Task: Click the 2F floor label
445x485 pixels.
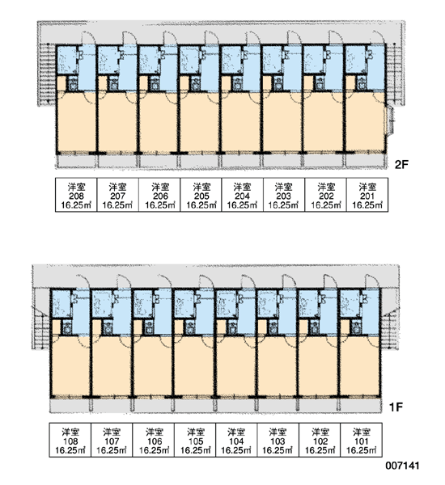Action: tap(401, 165)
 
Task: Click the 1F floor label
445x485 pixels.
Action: tap(396, 407)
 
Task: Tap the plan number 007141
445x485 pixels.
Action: tap(402, 466)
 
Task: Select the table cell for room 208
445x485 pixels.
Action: tap(76, 195)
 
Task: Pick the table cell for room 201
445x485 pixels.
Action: tap(367, 195)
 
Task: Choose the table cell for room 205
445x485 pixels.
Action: tap(201, 195)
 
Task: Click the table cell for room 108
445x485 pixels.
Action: tap(70, 440)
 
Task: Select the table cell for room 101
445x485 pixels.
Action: tap(362, 440)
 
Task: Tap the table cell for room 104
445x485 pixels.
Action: tap(236, 440)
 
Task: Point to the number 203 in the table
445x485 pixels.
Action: tap(284, 196)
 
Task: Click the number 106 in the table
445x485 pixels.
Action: tap(155, 441)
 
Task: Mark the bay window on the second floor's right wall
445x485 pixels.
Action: tap(390, 121)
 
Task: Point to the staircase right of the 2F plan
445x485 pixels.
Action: tap(396, 75)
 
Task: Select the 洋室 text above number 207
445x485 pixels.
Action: tap(117, 187)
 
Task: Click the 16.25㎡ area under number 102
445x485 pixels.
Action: tap(320, 450)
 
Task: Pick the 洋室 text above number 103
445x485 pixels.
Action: tap(278, 432)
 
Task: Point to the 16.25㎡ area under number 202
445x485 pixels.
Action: tap(326, 205)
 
